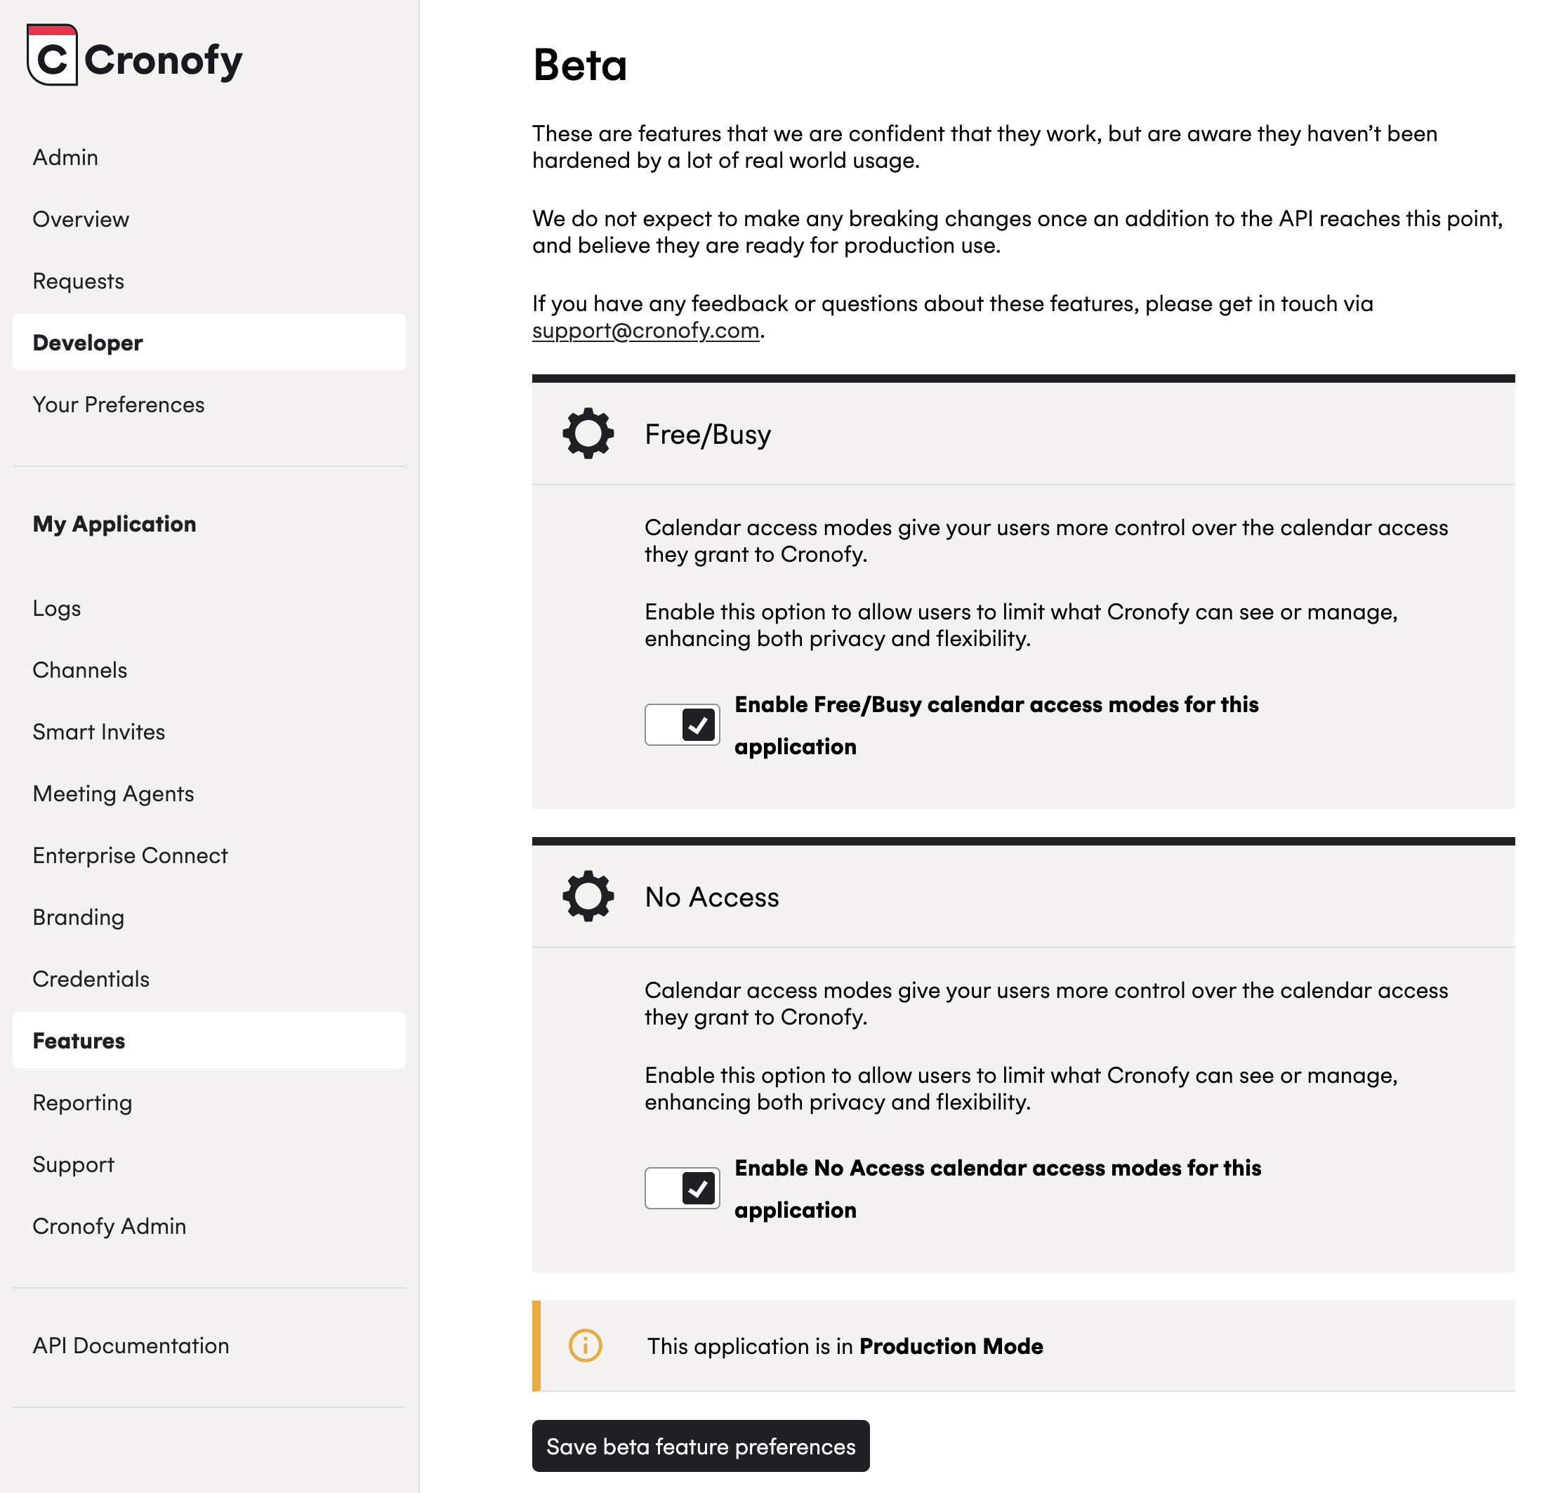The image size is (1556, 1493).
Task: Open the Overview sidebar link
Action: click(x=80, y=219)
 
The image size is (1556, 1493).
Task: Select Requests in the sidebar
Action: click(x=78, y=281)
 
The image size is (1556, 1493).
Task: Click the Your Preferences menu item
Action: click(x=118, y=405)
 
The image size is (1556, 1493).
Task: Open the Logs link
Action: click(x=56, y=608)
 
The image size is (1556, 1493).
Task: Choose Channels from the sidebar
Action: click(x=79, y=670)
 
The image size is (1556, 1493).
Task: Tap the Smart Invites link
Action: click(x=98, y=732)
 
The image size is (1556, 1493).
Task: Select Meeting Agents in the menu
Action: click(x=113, y=794)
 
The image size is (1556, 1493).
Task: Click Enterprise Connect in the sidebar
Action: click(x=130, y=855)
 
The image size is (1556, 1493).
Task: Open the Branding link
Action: click(x=78, y=917)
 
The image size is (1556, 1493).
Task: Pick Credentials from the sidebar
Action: click(x=91, y=979)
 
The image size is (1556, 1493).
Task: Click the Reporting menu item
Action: click(x=81, y=1103)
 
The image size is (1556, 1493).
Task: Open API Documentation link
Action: click(x=130, y=1346)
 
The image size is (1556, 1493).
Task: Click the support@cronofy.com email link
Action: click(x=645, y=330)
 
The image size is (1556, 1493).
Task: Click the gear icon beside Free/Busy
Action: click(x=588, y=433)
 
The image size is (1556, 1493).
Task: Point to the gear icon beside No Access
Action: click(x=588, y=897)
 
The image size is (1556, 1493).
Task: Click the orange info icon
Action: click(x=585, y=1346)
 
